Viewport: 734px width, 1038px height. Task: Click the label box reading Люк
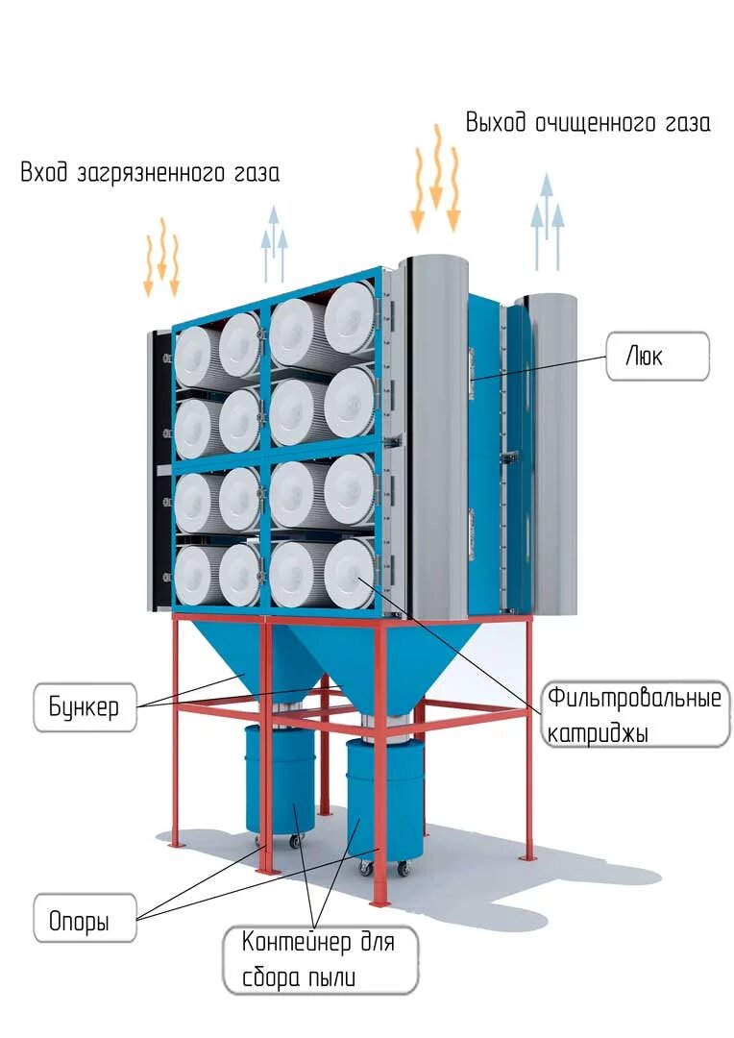[658, 357]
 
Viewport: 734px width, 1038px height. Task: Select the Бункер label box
[84, 708]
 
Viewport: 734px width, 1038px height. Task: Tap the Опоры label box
[79, 923]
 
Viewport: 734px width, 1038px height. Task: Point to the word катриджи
[597, 733]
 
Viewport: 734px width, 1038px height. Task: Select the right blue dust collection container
[384, 803]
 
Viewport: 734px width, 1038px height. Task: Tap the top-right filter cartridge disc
[349, 317]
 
